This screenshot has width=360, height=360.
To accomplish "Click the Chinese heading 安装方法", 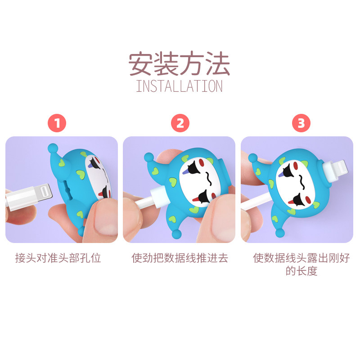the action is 179,63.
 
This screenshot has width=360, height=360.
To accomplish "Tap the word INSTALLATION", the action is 179,86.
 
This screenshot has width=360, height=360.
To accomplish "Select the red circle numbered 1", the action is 57,123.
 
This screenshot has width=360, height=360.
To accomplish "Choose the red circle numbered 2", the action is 180,123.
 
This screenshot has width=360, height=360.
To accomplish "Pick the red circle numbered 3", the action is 301,123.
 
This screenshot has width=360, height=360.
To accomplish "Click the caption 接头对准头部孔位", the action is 58,258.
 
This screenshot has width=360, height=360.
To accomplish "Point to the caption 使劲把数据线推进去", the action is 180,258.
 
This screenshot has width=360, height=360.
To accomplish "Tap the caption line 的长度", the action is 301,271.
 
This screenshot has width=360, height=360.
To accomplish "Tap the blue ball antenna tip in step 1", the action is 53,148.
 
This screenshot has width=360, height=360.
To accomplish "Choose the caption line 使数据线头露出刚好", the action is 301,258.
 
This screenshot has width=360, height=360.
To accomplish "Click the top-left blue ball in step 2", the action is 149,157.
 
